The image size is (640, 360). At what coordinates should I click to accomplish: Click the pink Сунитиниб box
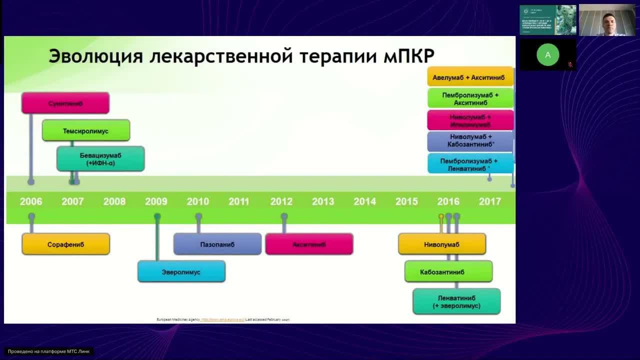(x=65, y=103)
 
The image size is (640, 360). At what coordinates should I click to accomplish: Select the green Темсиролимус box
(x=86, y=130)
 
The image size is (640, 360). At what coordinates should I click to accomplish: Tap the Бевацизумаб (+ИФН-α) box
(x=100, y=159)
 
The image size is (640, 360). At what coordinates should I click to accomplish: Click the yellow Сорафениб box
(x=65, y=244)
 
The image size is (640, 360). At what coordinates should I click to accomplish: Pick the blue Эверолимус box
(x=181, y=272)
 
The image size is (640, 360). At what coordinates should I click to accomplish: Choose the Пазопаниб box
(x=217, y=244)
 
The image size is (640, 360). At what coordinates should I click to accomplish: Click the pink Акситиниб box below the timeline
(x=309, y=244)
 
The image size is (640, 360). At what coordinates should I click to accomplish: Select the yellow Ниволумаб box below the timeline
(x=441, y=244)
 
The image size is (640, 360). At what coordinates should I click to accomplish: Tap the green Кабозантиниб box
(x=448, y=272)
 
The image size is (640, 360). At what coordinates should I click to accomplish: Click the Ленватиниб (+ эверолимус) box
(x=456, y=301)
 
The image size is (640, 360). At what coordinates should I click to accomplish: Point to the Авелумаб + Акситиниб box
(x=470, y=77)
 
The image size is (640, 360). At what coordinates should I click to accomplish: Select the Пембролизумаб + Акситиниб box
(x=470, y=98)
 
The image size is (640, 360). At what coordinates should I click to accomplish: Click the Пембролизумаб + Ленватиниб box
(x=470, y=164)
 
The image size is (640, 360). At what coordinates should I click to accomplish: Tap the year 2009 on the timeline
(x=156, y=201)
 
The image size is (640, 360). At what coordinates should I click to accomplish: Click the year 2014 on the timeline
(x=364, y=201)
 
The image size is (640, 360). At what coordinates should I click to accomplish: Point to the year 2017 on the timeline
(x=489, y=201)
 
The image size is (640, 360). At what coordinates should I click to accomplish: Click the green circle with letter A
(x=547, y=55)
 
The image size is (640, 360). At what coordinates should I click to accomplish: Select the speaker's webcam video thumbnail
(x=607, y=20)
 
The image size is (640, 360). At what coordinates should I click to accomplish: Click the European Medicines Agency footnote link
(x=222, y=319)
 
